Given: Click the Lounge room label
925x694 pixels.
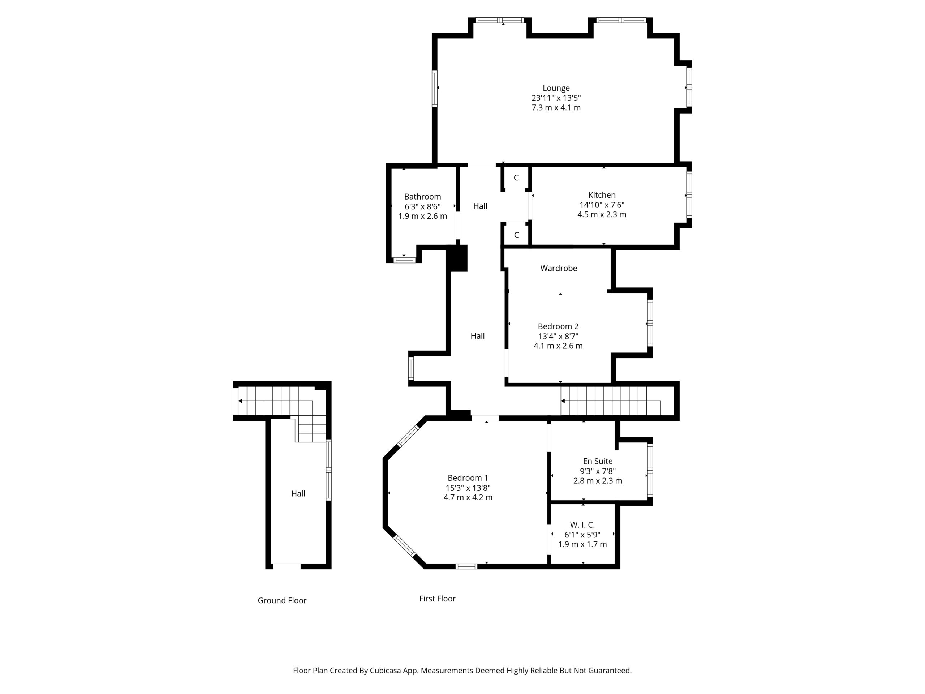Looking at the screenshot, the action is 556,88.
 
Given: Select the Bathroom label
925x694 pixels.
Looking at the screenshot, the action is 422,197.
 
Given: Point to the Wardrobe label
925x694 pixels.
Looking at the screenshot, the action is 559,268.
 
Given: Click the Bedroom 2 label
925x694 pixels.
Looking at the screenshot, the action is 558,326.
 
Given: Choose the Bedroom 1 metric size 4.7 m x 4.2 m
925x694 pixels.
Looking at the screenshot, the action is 468,497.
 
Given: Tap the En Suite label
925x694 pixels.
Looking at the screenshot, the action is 598,461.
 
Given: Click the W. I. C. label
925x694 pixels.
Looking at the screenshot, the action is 582,524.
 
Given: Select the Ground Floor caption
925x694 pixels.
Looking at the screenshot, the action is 282,601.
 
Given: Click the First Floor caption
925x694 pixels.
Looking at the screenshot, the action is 438,599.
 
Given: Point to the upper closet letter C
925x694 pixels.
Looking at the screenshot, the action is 516,178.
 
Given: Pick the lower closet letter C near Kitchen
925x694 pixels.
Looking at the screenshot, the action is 516,235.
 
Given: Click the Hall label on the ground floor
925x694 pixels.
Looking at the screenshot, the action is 298,494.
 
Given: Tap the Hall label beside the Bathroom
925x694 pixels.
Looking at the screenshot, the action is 480,206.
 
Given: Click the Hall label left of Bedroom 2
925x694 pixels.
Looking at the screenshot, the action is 478,335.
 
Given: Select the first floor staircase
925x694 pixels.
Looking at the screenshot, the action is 611,401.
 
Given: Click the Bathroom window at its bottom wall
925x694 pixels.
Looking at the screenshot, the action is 404,260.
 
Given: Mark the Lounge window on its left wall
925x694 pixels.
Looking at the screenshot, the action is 435,89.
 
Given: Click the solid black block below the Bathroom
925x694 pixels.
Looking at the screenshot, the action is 457,258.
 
